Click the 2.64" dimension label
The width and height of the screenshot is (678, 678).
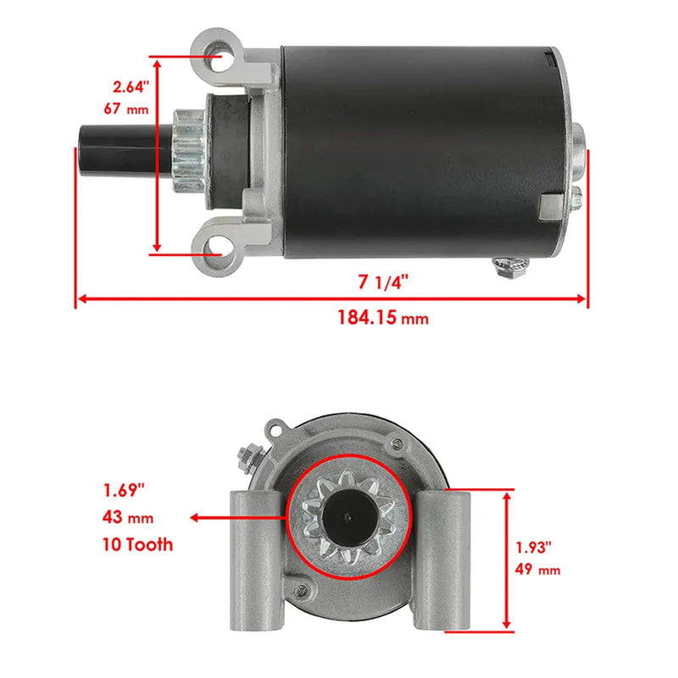131,86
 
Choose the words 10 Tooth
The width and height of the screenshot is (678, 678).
138,544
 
